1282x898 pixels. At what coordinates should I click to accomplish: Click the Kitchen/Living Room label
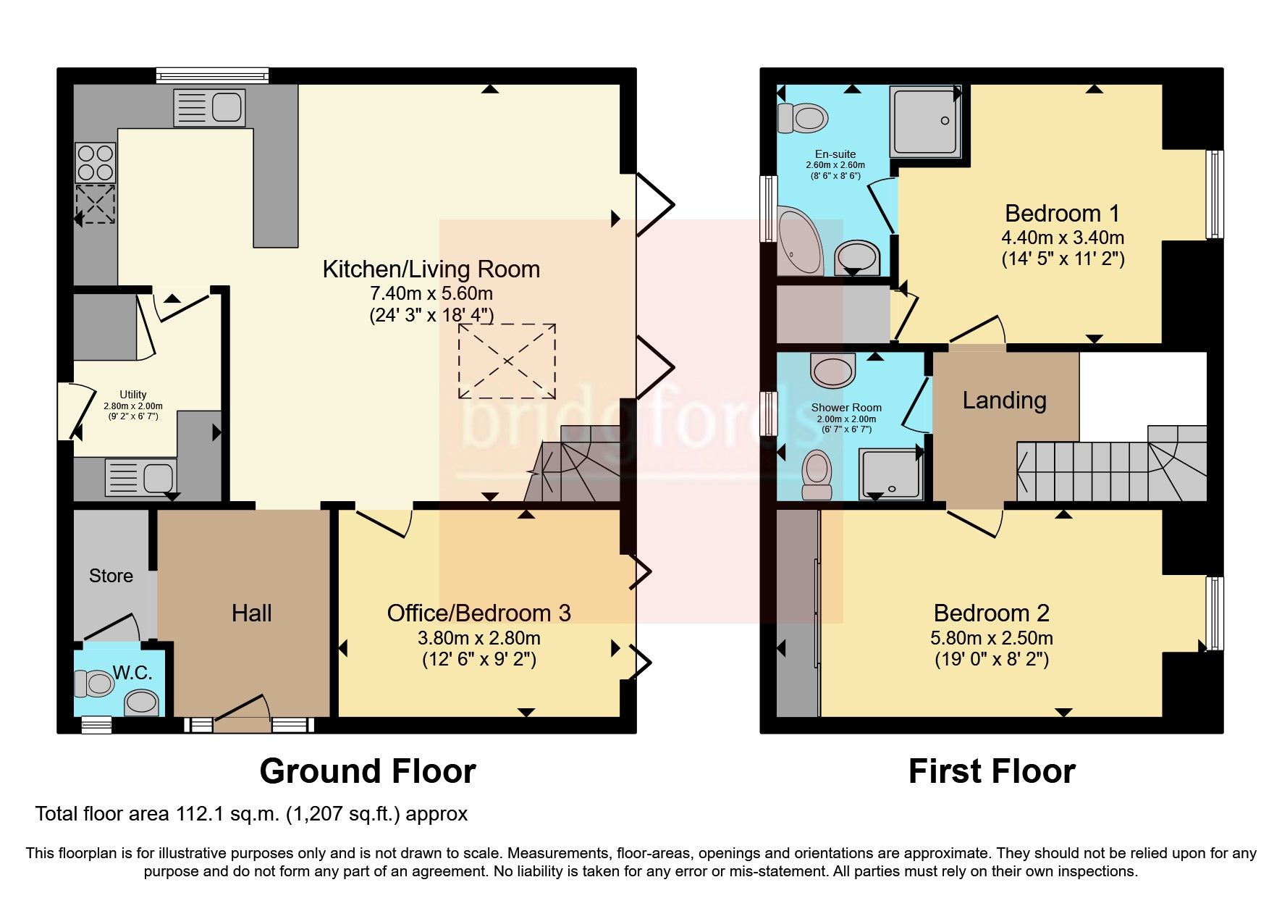coord(431,269)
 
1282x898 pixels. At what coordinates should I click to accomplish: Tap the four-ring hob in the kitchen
coord(96,162)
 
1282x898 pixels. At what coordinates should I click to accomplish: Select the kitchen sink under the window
coord(209,107)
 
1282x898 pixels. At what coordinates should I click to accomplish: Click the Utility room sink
coord(141,477)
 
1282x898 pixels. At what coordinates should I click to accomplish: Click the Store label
coord(111,576)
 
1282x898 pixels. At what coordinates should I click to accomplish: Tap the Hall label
coord(251,613)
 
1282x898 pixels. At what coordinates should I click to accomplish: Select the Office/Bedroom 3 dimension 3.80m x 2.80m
coord(478,638)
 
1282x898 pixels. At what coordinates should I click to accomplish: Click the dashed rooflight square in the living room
coord(507,361)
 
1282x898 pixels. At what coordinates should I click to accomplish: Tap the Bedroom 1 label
coord(1062,214)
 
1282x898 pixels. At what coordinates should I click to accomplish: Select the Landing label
coord(1004,400)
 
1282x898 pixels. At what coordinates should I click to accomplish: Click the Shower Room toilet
coord(818,474)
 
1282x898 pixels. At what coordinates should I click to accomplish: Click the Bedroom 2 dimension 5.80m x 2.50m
coord(991,638)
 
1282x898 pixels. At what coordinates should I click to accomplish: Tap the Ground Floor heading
coord(368,771)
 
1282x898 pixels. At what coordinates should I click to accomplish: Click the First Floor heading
coord(991,771)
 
